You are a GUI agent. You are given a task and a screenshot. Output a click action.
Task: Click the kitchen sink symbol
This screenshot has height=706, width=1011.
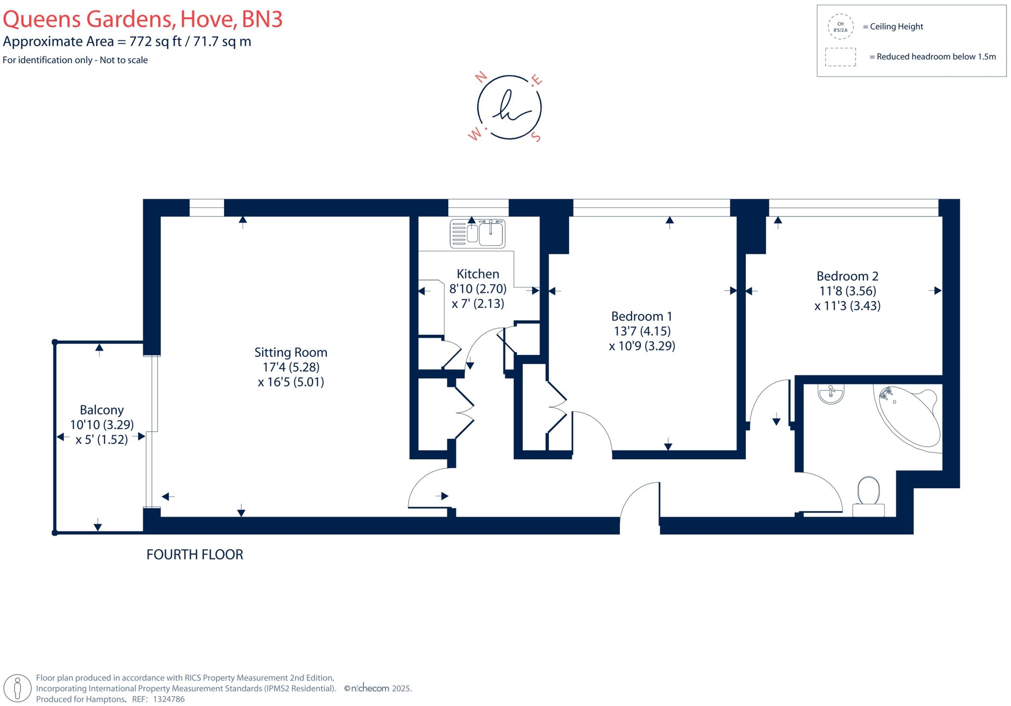pos(477,233)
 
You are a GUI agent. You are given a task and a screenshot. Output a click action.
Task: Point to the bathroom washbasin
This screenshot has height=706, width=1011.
pos(831,394)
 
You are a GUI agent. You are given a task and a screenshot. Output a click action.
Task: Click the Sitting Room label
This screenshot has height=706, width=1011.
pos(291,353)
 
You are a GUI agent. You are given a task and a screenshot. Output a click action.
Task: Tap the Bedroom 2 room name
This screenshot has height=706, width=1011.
pos(847,276)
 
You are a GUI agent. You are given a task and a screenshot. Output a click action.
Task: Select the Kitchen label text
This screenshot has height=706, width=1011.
pos(477,274)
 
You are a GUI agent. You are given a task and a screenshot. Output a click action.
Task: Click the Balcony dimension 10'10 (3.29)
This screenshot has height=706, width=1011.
pos(102,425)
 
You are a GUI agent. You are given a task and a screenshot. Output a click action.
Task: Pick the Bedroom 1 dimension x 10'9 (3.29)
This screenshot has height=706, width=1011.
pos(642,346)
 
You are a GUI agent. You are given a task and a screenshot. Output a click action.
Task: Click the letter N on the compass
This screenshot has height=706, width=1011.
pos(481,77)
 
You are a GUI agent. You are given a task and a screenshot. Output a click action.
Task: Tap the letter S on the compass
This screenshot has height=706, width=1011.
pos(537,137)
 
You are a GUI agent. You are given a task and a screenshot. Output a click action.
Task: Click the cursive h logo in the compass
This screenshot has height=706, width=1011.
pos(509,107)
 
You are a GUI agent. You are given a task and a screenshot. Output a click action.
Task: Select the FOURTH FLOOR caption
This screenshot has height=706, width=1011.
pos(194,555)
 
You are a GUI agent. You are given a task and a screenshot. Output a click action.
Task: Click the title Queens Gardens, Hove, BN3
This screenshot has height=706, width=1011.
pos(143,19)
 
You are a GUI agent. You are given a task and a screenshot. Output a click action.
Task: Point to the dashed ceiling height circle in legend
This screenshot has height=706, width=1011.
pos(840,27)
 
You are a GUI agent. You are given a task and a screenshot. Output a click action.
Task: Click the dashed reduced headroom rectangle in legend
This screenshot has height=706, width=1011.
pos(840,57)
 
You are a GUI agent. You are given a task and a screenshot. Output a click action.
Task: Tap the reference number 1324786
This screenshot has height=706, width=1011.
pos(169,699)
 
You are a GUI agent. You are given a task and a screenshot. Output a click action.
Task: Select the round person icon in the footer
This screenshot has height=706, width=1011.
pos(18,688)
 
